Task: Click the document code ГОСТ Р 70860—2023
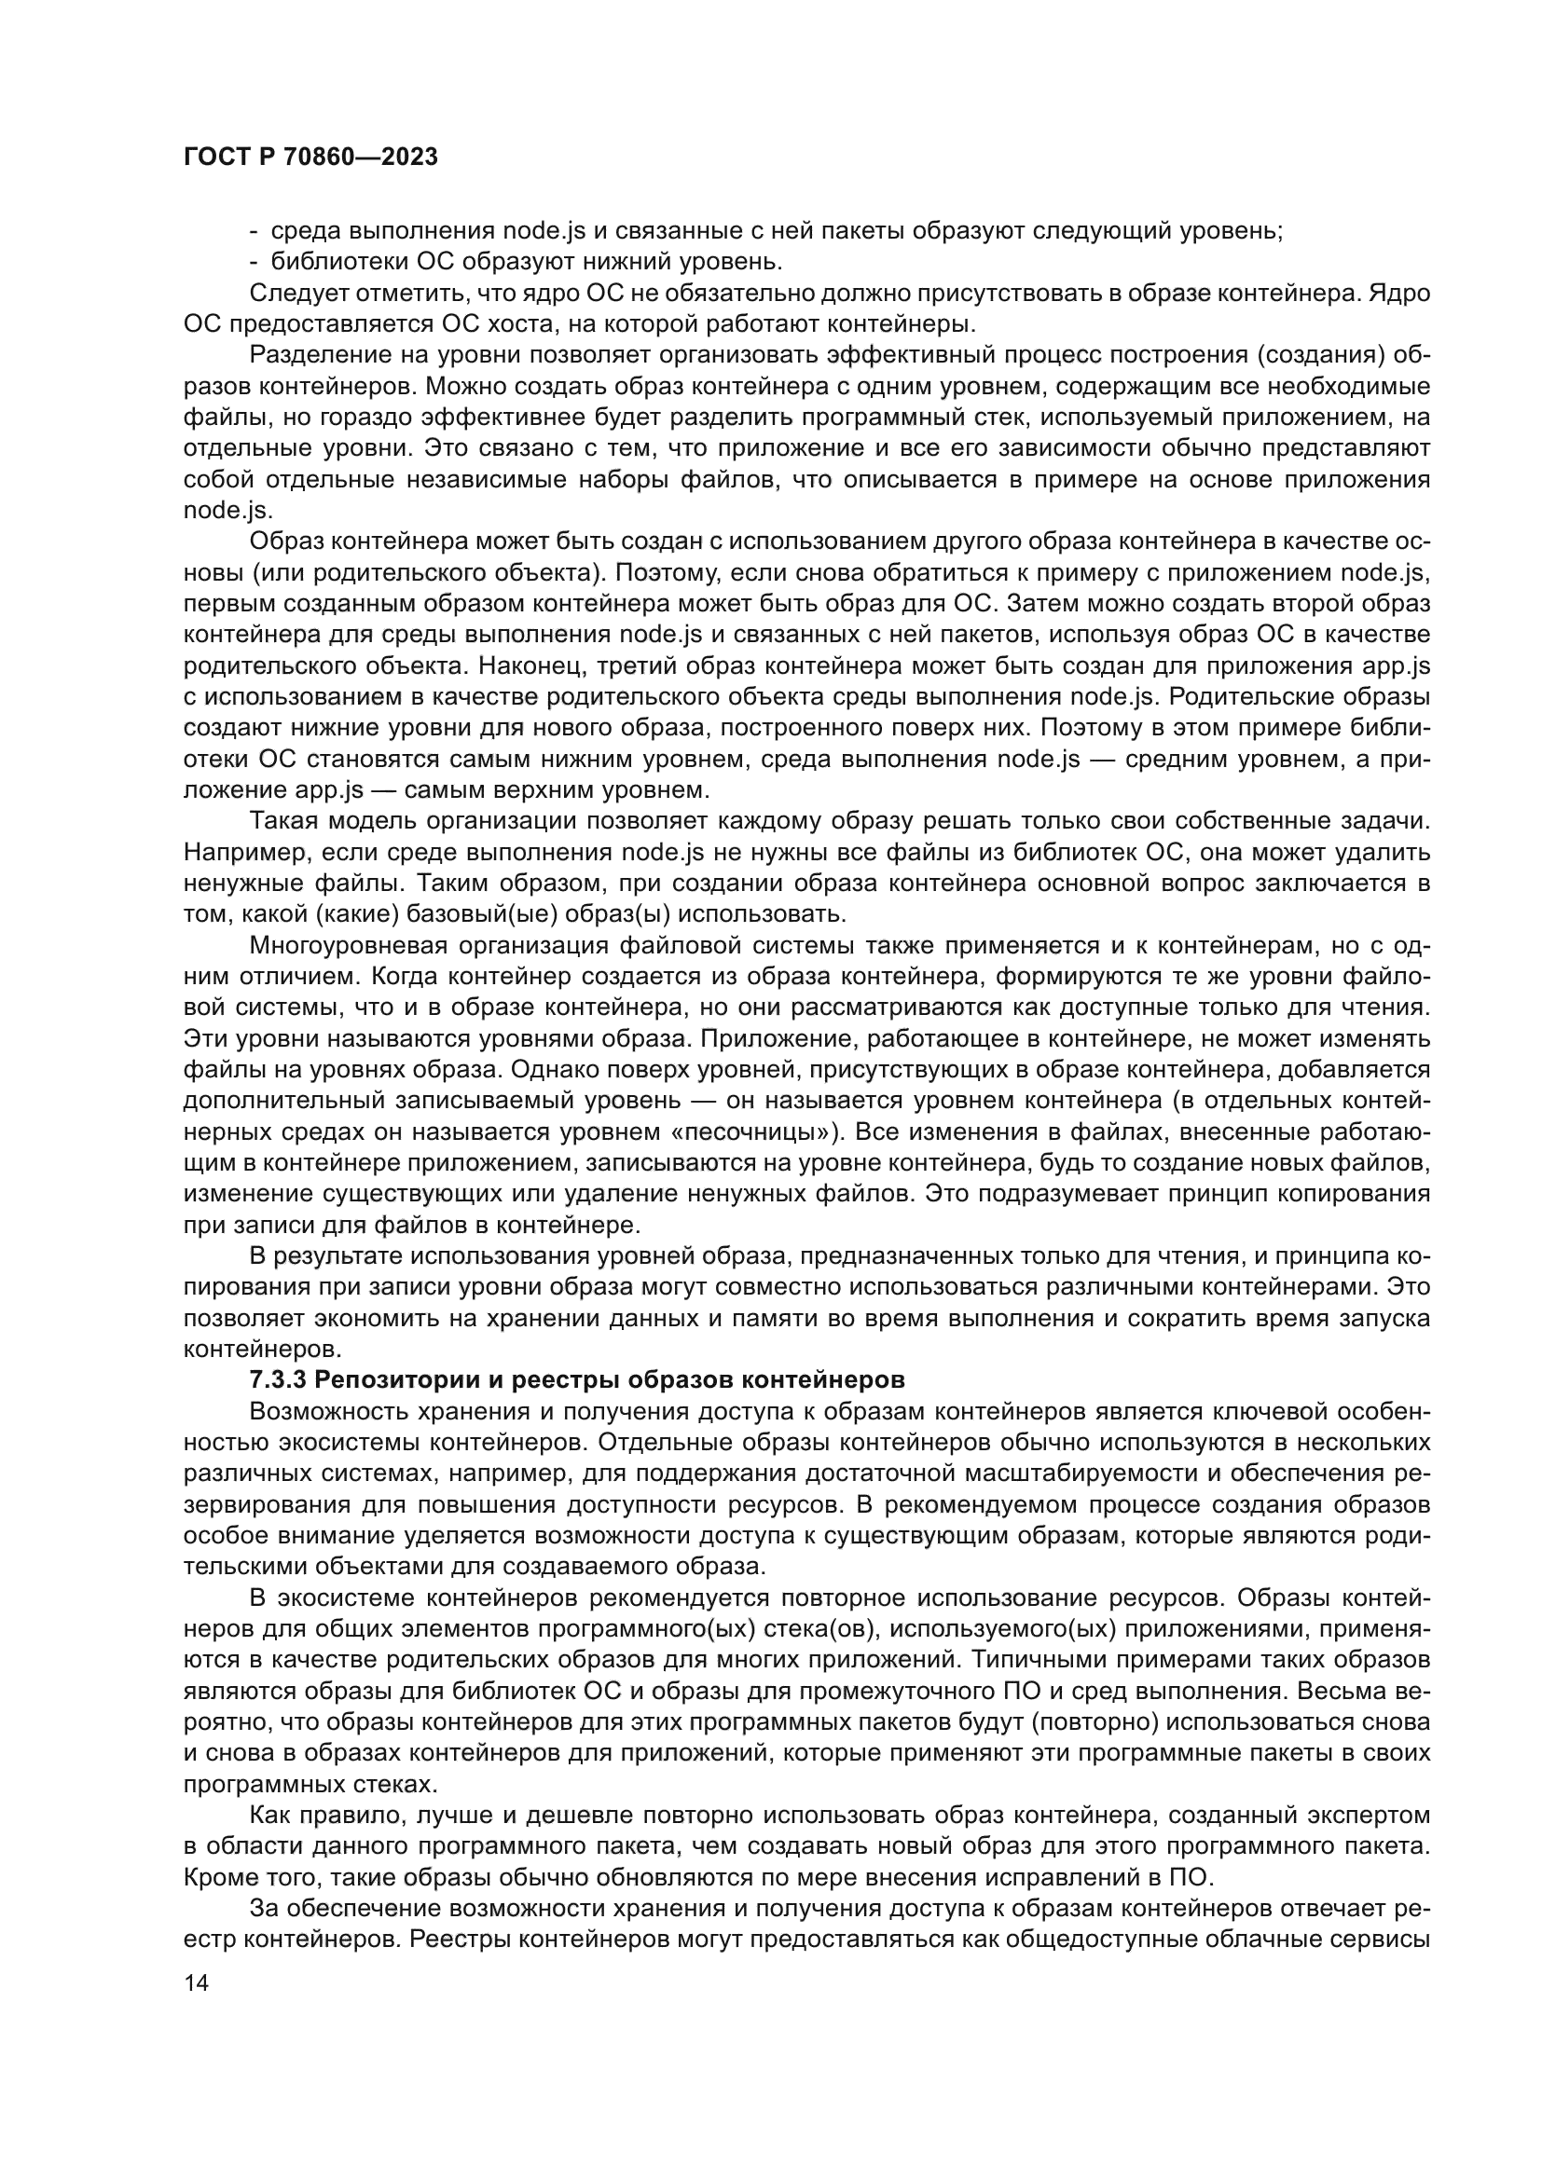tap(310, 158)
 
